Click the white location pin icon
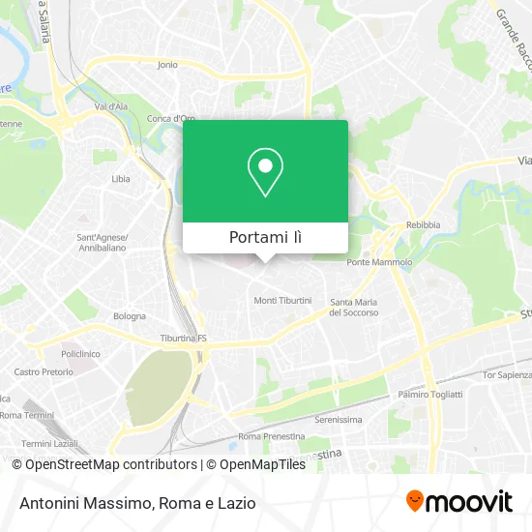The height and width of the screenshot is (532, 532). (x=265, y=172)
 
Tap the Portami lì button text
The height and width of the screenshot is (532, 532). (x=265, y=237)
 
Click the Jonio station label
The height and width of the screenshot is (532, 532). (x=167, y=65)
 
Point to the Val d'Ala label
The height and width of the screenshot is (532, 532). (x=112, y=106)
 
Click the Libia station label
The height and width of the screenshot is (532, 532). (x=121, y=179)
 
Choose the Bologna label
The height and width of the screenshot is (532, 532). (x=130, y=316)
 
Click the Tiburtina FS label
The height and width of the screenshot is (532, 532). (x=184, y=340)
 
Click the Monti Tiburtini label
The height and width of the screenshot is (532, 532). (x=282, y=301)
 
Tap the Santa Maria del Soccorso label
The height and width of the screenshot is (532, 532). (x=354, y=307)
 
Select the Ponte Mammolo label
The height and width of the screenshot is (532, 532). (x=379, y=262)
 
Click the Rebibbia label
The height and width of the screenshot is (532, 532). (x=423, y=225)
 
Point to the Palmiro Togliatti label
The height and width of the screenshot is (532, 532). (x=430, y=395)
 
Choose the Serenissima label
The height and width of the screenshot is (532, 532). (x=339, y=420)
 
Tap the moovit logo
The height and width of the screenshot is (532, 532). (x=459, y=502)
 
